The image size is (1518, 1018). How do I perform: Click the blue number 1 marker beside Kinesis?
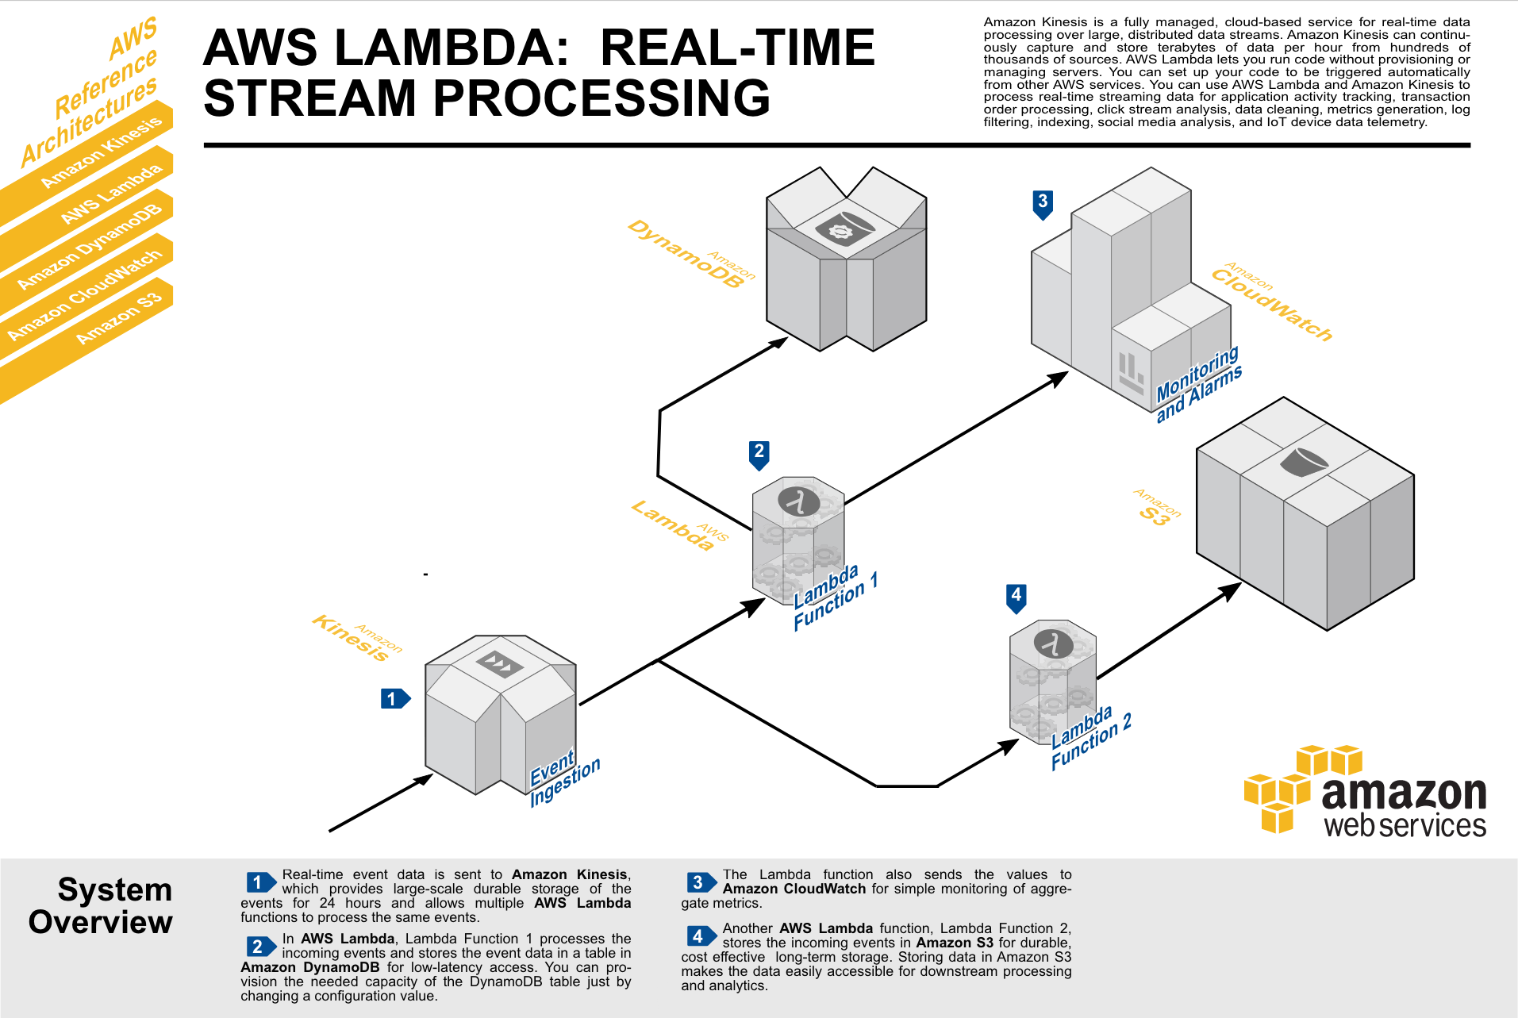pyautogui.click(x=394, y=699)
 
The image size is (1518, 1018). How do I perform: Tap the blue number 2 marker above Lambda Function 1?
pyautogui.click(x=759, y=453)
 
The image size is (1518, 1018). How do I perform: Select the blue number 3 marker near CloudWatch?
pyautogui.click(x=1043, y=203)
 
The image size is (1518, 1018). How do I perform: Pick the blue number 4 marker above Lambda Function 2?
pyautogui.click(x=1016, y=597)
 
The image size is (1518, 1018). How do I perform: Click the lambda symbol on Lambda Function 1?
pyautogui.click(x=798, y=501)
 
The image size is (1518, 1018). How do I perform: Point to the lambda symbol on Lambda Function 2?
pyautogui.click(x=1054, y=643)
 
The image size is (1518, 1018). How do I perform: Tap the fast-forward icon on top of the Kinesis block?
pyautogui.click(x=499, y=663)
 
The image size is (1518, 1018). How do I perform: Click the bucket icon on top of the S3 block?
pyautogui.click(x=1303, y=462)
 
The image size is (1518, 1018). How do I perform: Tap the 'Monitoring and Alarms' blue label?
pyautogui.click(x=1198, y=384)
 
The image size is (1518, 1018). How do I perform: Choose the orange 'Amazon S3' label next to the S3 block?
pyautogui.click(x=1156, y=509)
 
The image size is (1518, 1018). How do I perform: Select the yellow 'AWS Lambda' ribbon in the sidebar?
pyautogui.click(x=111, y=194)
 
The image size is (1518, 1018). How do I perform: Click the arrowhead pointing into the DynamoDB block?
pyautogui.click(x=780, y=342)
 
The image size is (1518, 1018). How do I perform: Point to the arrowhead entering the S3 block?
pyautogui.click(x=1232, y=590)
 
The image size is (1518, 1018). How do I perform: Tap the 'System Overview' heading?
pyautogui.click(x=101, y=906)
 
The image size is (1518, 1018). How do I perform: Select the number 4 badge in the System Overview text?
pyautogui.click(x=699, y=936)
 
